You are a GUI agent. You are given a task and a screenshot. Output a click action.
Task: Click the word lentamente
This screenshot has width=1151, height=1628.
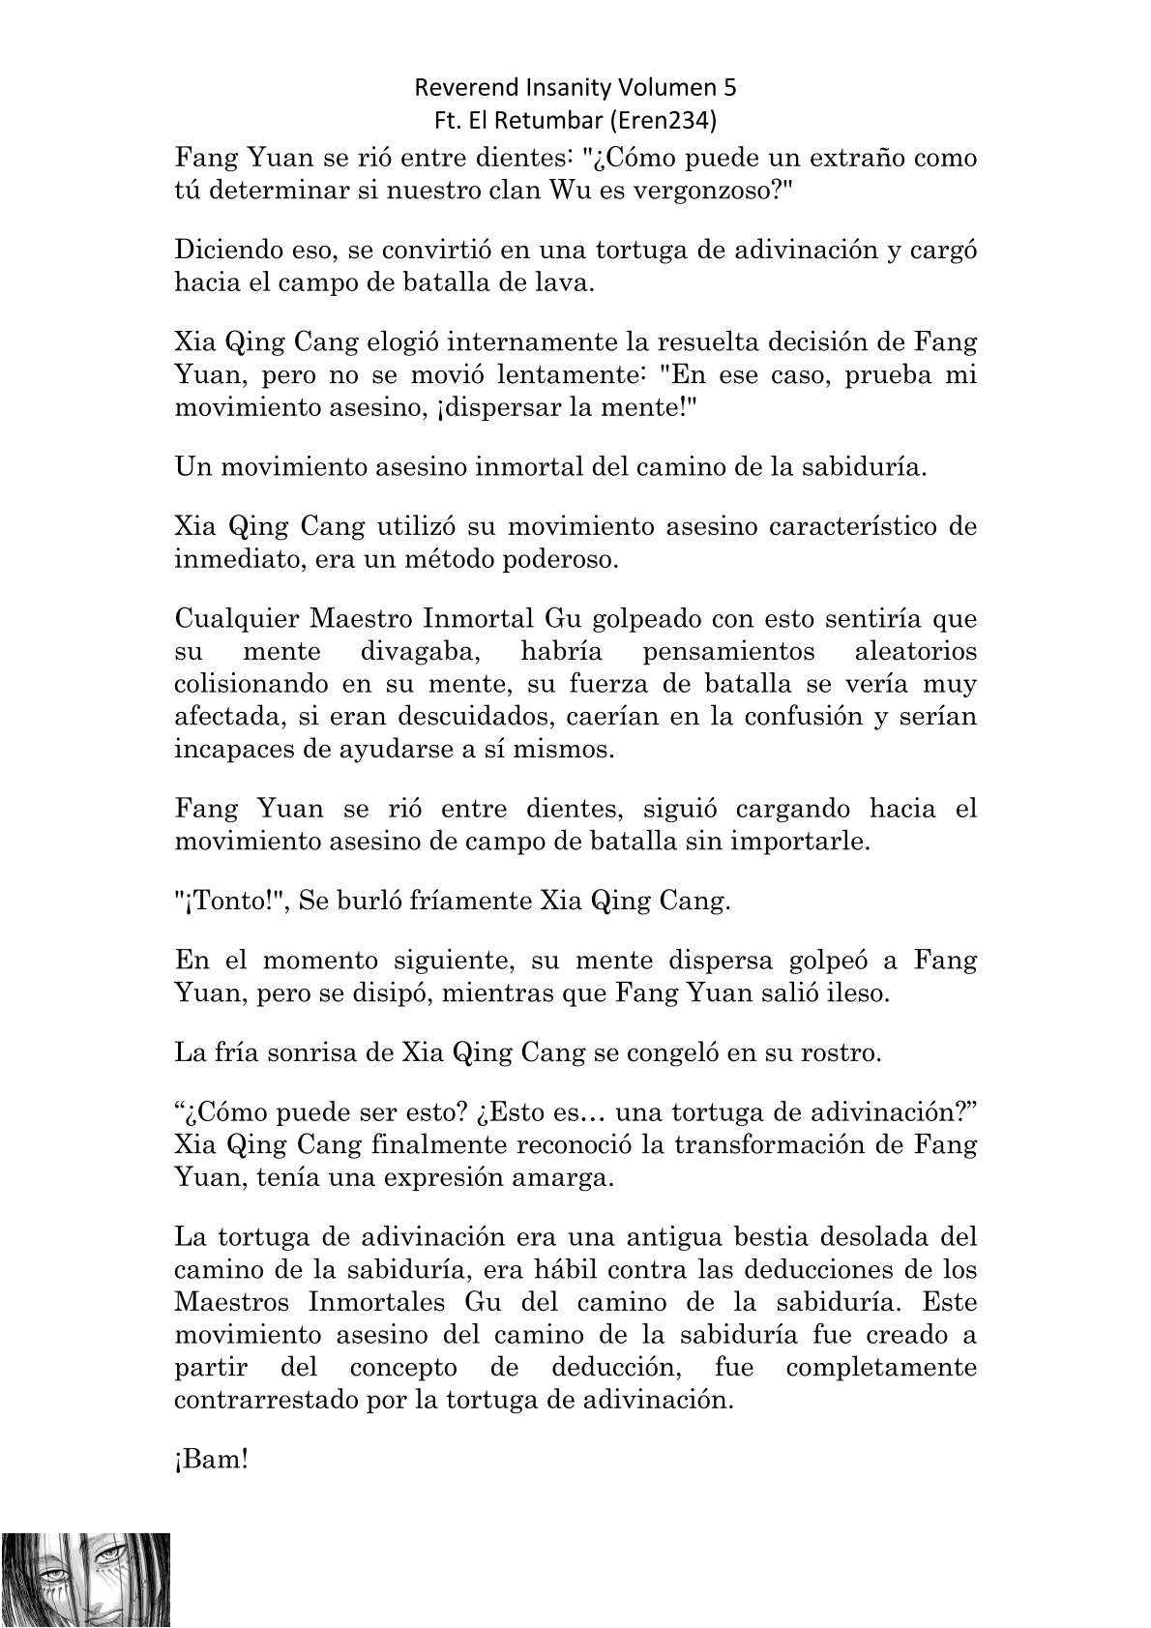coord(551,375)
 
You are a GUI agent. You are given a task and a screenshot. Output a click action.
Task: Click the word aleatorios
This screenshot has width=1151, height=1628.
coord(915,651)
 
